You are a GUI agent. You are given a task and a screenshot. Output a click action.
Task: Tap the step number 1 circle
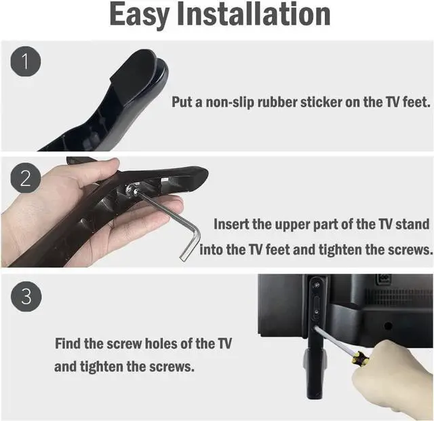(x=25, y=62)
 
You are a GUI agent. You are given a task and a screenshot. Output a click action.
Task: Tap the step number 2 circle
(x=25, y=179)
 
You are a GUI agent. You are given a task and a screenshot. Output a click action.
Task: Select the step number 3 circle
(x=25, y=296)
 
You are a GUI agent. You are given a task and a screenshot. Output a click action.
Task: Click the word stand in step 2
(x=413, y=224)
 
